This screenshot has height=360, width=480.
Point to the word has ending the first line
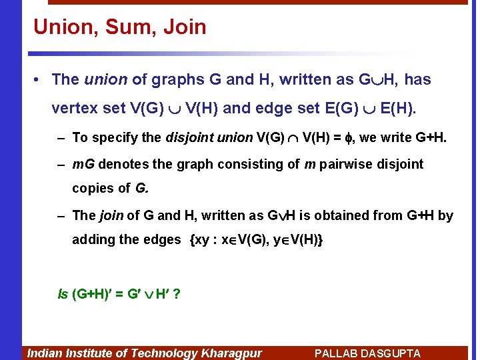[417, 80]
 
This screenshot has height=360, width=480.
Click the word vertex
[73, 108]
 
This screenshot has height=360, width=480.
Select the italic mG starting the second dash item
[83, 164]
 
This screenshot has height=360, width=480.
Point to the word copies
[91, 188]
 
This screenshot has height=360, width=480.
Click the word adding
[93, 239]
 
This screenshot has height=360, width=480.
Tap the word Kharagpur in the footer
[230, 353]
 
